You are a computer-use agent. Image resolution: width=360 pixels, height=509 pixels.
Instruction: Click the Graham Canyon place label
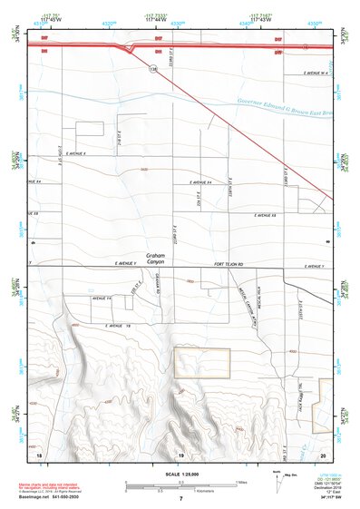point(159,259)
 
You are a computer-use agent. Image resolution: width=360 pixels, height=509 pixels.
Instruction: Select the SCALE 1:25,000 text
point(180,474)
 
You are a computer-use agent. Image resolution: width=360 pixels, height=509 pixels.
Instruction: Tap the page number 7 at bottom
point(180,499)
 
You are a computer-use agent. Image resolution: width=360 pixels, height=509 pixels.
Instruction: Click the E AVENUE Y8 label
point(118,325)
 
